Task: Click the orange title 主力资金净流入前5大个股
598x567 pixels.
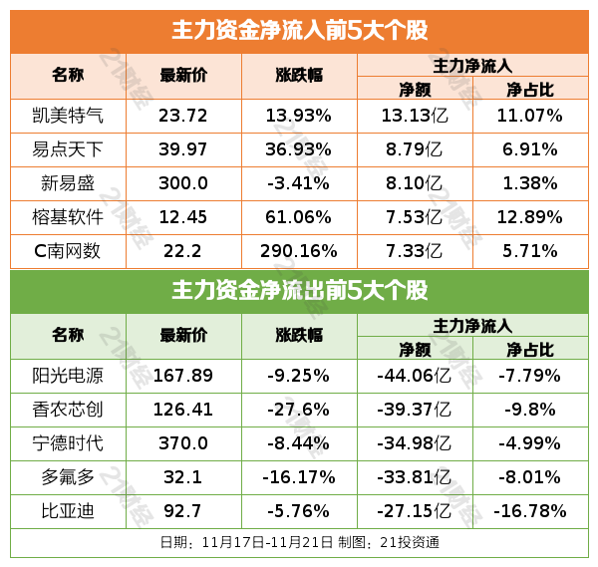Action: tap(299, 30)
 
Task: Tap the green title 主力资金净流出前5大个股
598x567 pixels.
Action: tap(299, 291)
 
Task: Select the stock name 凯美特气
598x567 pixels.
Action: tap(68, 116)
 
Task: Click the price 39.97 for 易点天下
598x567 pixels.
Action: tap(183, 149)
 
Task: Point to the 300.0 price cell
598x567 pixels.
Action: tap(183, 183)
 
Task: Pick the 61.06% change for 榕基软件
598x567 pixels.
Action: tap(298, 217)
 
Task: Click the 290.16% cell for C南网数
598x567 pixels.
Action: tap(298, 251)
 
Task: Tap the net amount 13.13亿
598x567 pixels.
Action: tap(415, 116)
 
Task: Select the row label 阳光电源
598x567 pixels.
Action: tap(68, 377)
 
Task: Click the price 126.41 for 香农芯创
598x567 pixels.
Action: tap(183, 411)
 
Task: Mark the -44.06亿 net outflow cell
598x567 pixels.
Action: tap(415, 377)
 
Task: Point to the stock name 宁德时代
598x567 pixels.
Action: tap(68, 443)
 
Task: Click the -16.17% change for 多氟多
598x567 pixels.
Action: tap(298, 477)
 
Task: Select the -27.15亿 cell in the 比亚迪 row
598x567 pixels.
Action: tap(415, 511)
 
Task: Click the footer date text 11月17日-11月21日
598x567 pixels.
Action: tap(263, 543)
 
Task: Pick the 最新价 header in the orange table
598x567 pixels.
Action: tap(183, 75)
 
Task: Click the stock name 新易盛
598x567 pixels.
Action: tap(68, 183)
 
